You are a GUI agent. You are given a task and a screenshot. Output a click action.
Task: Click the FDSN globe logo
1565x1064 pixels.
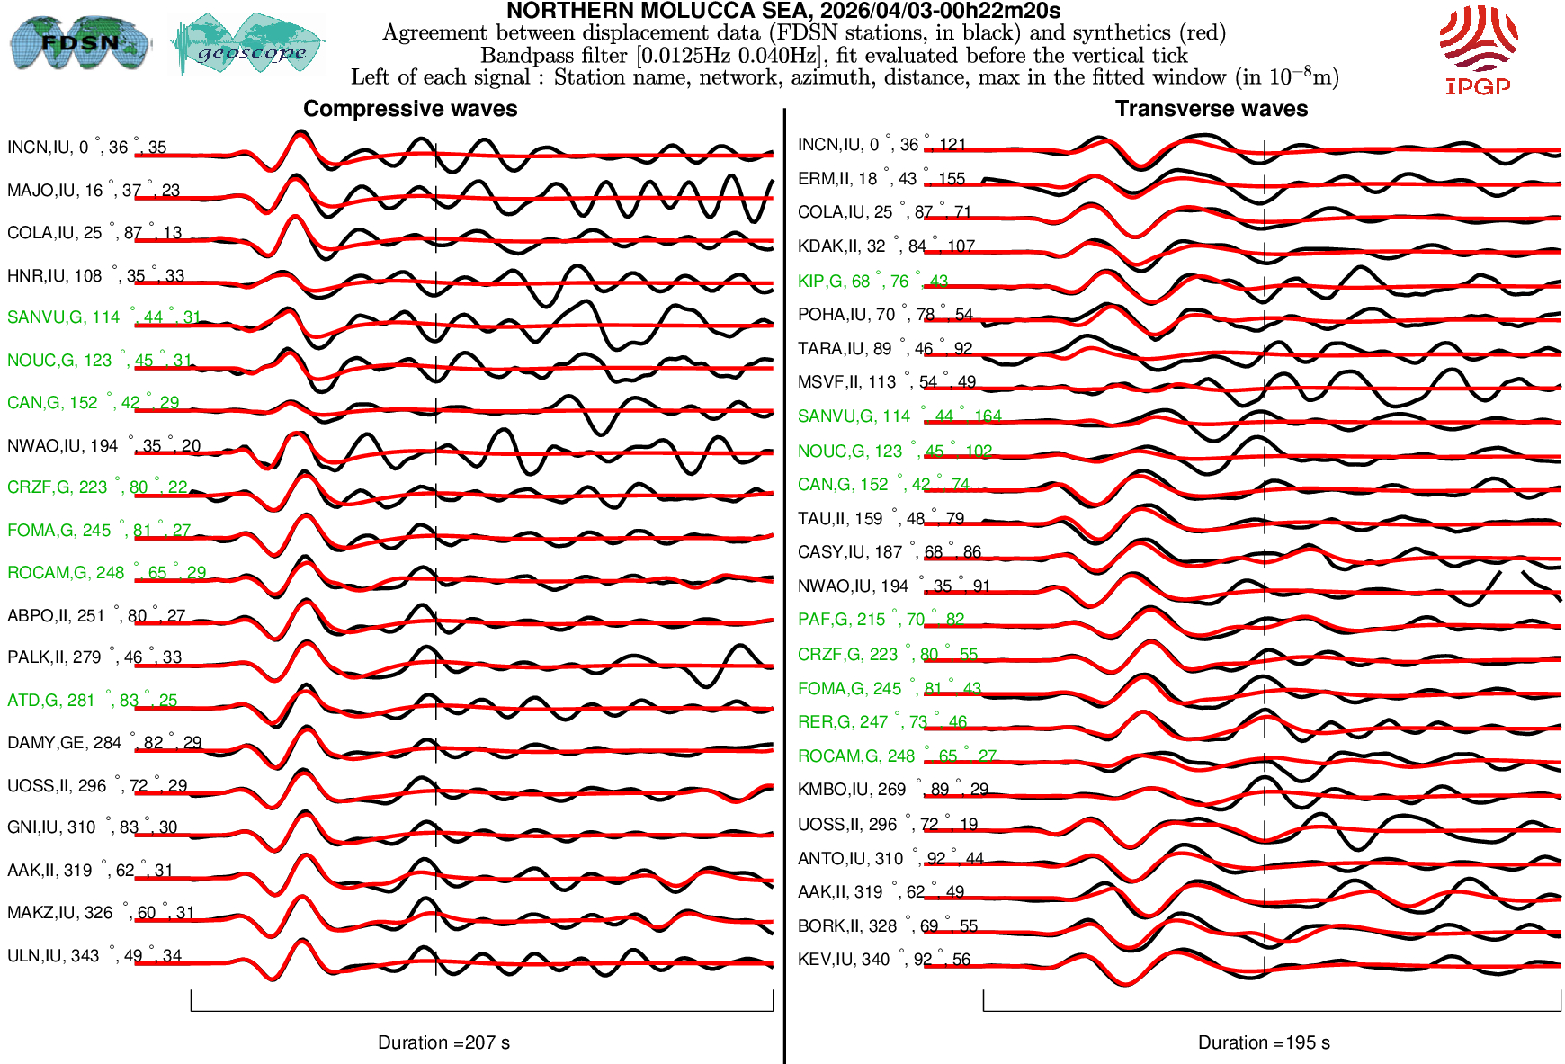[79, 42]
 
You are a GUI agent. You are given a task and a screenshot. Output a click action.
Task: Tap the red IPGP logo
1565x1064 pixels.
[1478, 50]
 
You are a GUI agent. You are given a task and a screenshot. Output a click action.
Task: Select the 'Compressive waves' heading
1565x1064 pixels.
[410, 109]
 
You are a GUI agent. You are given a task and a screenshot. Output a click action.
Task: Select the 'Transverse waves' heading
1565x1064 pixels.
[1212, 109]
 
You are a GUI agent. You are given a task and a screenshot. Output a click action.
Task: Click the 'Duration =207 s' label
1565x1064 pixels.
[443, 1042]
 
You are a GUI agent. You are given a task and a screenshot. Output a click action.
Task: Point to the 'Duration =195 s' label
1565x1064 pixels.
[1264, 1042]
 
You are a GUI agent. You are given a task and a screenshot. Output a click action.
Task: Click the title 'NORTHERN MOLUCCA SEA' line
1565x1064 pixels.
[783, 11]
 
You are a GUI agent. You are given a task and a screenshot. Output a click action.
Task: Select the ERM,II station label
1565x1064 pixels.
[881, 179]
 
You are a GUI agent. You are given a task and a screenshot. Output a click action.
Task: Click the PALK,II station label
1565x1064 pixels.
[94, 657]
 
